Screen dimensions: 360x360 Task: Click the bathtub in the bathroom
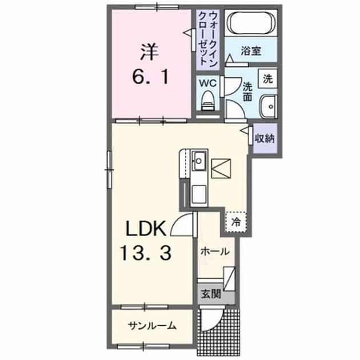click(251, 23)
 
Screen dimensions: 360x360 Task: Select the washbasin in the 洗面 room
click(269, 107)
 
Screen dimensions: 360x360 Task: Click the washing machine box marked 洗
click(267, 78)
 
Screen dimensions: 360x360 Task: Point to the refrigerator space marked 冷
click(236, 222)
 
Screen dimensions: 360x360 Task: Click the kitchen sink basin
click(199, 161)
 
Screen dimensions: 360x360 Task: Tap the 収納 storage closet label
click(265, 138)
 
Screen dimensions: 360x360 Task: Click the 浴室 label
click(251, 51)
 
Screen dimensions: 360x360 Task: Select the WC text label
click(208, 83)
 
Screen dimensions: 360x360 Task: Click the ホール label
click(215, 252)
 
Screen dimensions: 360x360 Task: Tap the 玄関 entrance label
click(211, 294)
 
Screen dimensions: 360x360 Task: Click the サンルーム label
click(153, 326)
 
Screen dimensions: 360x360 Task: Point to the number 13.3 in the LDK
click(146, 253)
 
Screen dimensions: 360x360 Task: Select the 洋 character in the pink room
click(149, 52)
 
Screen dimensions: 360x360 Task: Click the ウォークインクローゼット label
click(208, 39)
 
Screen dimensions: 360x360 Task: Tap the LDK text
click(146, 228)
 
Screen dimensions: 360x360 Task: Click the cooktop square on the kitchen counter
click(199, 193)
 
